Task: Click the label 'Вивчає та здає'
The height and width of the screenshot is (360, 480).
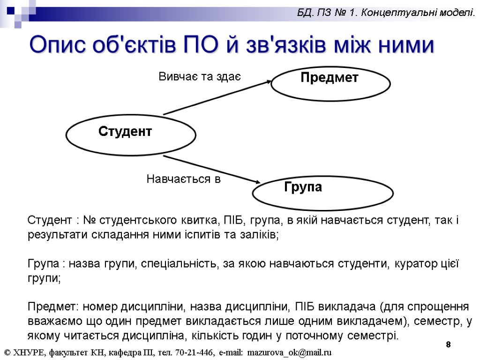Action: [200, 76]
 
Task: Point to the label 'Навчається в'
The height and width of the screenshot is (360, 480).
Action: [183, 179]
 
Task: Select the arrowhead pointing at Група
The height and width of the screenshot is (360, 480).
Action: [257, 182]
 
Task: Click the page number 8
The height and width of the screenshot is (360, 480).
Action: [449, 345]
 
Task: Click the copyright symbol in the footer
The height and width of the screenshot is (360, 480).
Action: [7, 352]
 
